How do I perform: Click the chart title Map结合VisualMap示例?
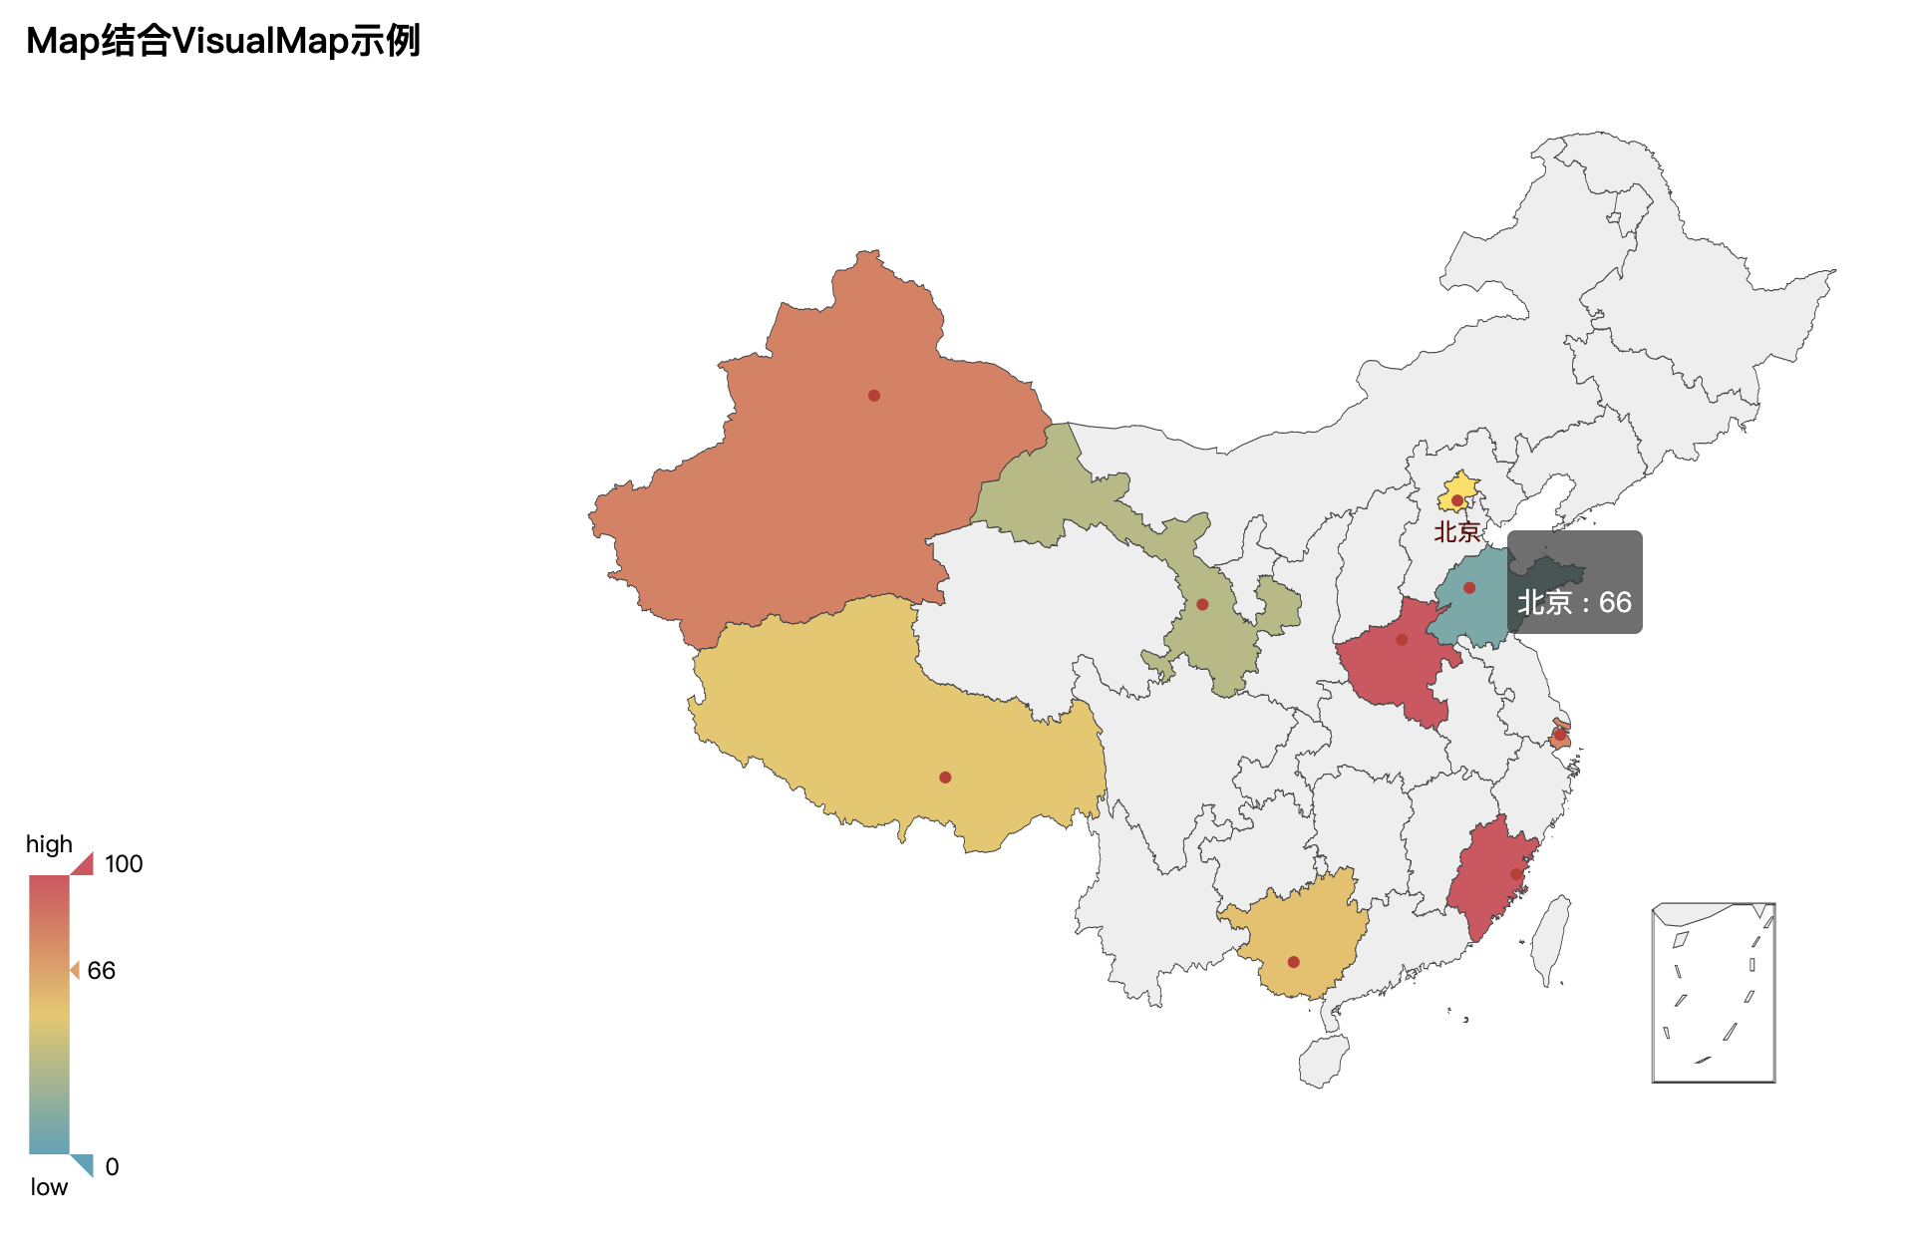coord(223,41)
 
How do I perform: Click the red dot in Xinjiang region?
coord(873,396)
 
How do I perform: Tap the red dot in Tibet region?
coord(945,778)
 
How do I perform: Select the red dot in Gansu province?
coord(1202,604)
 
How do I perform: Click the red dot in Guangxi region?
coord(1293,962)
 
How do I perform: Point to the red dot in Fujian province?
coord(1516,874)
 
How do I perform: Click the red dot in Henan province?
coord(1402,640)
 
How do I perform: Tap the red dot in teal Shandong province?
coord(1469,588)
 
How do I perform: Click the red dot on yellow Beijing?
coord(1457,500)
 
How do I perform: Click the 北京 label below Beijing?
coord(1457,532)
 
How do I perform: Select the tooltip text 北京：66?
coord(1574,602)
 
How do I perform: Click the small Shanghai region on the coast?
coord(1560,737)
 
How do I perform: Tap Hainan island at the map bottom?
coord(1324,1061)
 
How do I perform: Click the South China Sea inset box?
coord(1714,993)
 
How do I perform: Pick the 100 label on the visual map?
coord(124,864)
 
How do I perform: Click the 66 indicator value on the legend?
coord(101,971)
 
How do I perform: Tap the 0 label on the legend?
coord(112,1167)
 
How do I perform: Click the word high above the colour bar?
coord(49,844)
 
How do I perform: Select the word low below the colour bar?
coord(49,1187)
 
